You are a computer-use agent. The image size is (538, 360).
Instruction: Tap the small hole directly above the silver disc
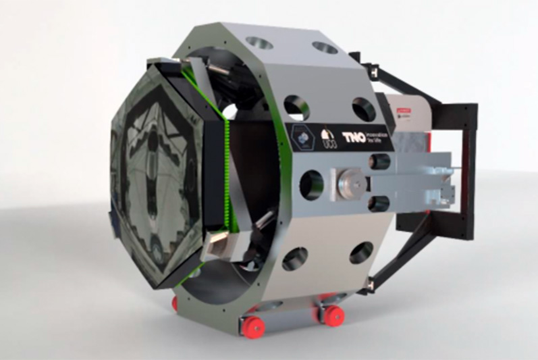(x=380, y=161)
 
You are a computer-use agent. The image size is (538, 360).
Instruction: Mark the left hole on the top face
(x=259, y=42)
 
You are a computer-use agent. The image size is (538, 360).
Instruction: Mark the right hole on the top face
(x=325, y=48)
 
